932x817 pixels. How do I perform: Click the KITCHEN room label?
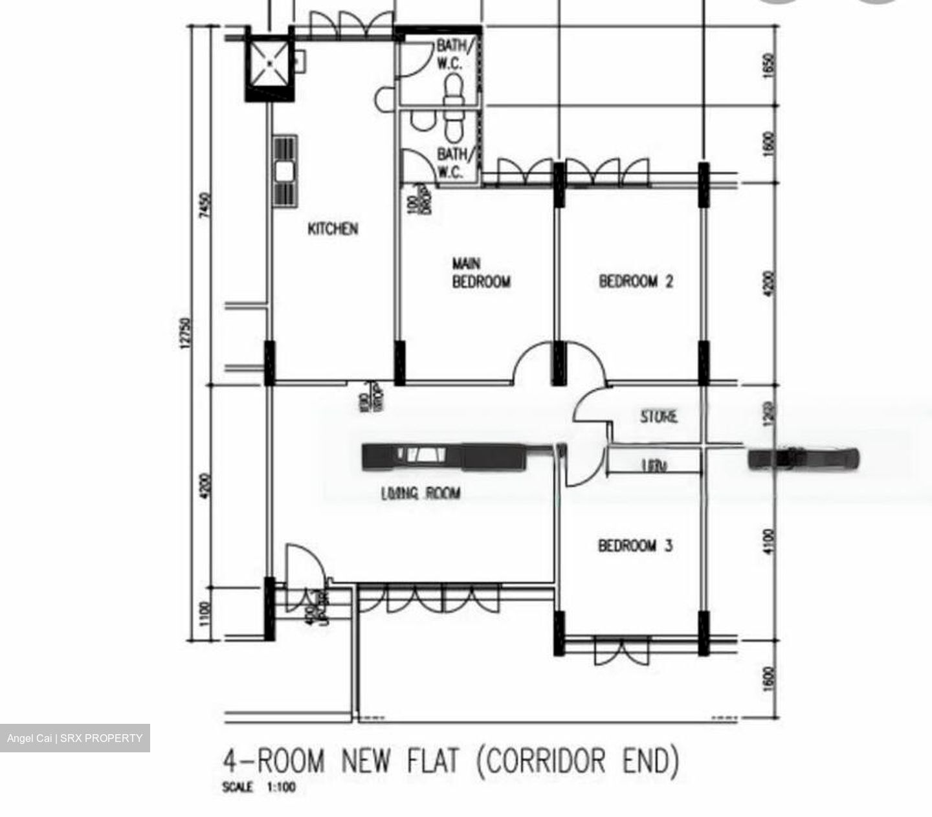[x=332, y=229]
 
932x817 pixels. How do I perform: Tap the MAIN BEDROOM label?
[x=480, y=273]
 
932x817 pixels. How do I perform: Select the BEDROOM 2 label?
[x=636, y=281]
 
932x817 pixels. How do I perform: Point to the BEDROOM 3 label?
[x=635, y=546]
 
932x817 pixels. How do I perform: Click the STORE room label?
[x=659, y=417]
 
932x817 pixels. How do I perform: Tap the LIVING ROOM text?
[x=421, y=494]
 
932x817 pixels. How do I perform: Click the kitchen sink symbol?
[x=285, y=171]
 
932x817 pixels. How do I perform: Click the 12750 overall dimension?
[x=186, y=333]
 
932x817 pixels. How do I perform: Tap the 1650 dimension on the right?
[x=769, y=65]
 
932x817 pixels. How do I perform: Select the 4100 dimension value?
[x=769, y=541]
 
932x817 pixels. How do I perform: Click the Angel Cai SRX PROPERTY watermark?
[x=74, y=738]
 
